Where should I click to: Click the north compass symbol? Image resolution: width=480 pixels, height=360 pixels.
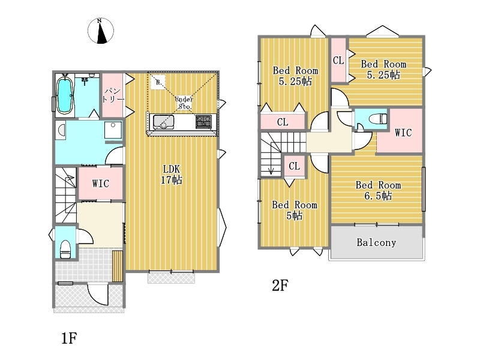[101, 31]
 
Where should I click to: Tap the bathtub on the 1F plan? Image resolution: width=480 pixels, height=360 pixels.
[65, 95]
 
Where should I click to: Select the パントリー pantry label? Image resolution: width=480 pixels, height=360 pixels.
[113, 95]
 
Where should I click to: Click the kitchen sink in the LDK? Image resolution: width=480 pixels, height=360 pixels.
[163, 122]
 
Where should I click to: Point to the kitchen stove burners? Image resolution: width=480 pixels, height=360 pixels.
[203, 122]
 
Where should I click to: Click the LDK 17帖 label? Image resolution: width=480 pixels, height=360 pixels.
[172, 174]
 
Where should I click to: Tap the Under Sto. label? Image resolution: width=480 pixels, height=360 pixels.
[184, 103]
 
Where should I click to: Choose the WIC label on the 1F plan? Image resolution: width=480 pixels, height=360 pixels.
[100, 184]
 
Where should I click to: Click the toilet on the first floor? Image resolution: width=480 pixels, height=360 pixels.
[65, 249]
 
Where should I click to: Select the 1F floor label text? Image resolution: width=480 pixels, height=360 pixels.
[69, 338]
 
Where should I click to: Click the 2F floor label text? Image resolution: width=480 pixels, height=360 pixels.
[280, 286]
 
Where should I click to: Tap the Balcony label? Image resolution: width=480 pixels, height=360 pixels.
[376, 242]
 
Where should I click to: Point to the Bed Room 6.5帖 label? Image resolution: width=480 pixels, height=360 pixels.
[378, 190]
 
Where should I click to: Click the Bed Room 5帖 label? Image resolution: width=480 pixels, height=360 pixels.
[295, 210]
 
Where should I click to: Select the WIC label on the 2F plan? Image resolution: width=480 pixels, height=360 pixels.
[403, 133]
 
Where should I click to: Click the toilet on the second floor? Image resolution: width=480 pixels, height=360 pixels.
[379, 119]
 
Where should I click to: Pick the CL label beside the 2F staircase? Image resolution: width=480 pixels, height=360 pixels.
[294, 166]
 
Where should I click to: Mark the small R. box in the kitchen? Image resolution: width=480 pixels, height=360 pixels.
[158, 82]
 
